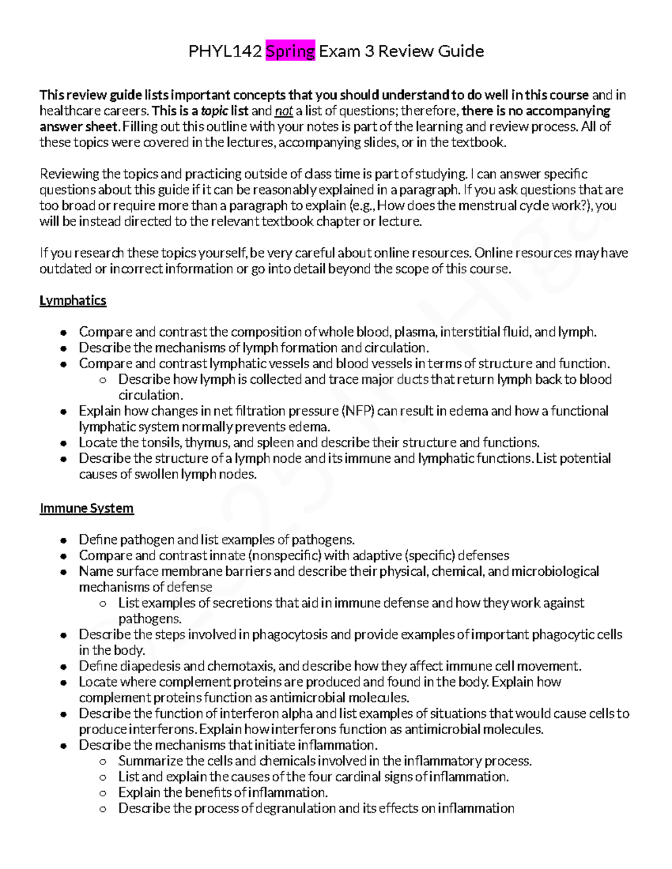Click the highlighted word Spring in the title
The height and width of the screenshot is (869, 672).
[291, 51]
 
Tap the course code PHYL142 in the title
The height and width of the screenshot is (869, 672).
[225, 51]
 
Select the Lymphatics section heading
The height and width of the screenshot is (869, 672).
[73, 300]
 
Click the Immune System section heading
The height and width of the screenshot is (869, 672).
[87, 508]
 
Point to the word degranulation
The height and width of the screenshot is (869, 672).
[296, 809]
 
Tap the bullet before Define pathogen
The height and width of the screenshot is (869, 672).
[65, 541]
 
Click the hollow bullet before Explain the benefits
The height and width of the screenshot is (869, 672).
[102, 793]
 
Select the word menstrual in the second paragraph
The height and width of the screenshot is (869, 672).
[488, 205]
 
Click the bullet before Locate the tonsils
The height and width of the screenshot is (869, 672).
[65, 443]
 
